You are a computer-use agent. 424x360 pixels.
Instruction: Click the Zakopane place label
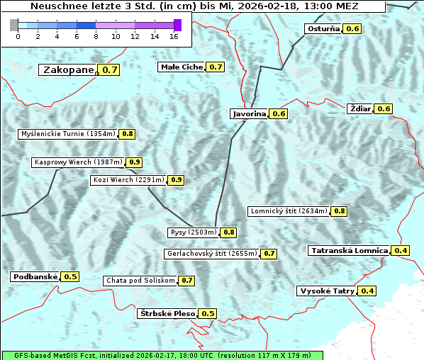tap(68, 69)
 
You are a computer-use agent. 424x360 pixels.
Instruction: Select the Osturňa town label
tap(323, 29)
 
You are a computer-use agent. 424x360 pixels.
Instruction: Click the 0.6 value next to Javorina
tap(279, 113)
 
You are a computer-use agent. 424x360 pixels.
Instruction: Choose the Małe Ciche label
tap(182, 67)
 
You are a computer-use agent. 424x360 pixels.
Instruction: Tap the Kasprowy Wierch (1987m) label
tap(78, 162)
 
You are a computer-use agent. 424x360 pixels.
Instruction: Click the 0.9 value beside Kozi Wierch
tap(177, 180)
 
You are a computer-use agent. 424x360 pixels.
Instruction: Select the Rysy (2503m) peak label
tap(193, 232)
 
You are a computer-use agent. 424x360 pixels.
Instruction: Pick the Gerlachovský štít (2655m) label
tap(211, 253)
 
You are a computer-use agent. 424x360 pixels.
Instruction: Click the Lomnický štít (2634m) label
tap(289, 210)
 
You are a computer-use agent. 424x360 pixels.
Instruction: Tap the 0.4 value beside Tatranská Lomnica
tap(401, 250)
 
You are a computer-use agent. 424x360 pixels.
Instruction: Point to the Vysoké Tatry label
tap(327, 291)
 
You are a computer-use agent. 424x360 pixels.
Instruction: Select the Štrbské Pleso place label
tap(167, 313)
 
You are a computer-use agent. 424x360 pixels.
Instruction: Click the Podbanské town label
tap(34, 276)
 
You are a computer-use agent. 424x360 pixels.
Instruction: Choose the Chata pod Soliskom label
tap(139, 281)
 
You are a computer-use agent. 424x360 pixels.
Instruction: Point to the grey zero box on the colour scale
tap(14, 25)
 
